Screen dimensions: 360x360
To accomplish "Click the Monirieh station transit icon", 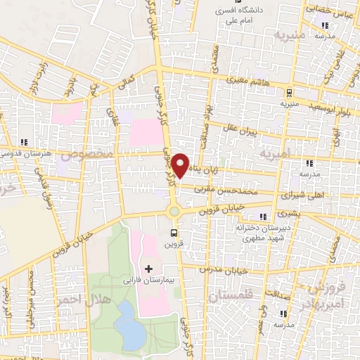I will coord(289,92).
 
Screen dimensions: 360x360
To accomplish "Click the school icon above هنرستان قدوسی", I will coord(25,141).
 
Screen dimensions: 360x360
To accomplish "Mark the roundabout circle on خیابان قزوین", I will coord(174,210).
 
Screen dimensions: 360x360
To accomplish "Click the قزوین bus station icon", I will coord(174,233).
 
